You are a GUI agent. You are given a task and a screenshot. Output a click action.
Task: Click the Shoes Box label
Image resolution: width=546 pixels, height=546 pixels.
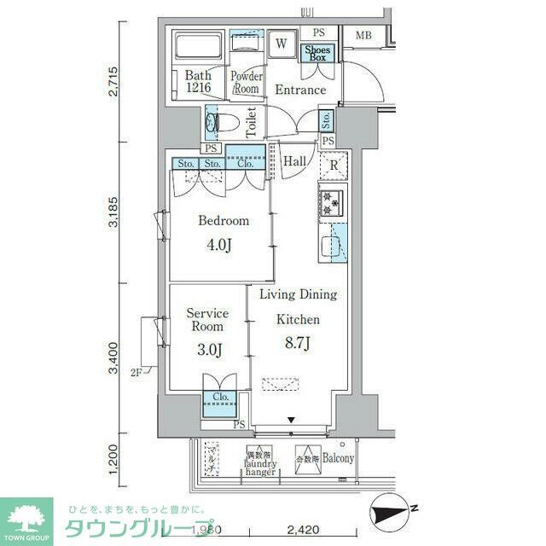tap(318, 53)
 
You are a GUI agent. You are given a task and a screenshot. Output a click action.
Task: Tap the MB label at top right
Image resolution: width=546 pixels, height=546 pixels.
tap(363, 36)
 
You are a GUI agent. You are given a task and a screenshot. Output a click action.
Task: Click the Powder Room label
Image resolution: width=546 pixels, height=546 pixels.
tap(246, 83)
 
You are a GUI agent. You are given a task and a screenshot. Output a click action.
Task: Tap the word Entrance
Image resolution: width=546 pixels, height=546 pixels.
tap(299, 90)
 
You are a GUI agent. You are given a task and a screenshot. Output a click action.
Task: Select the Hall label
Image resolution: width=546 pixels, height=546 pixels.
tap(294, 161)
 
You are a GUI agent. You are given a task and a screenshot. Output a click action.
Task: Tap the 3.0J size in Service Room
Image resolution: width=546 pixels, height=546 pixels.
tap(206, 349)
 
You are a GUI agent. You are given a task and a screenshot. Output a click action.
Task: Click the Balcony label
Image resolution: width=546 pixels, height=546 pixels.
tap(338, 457)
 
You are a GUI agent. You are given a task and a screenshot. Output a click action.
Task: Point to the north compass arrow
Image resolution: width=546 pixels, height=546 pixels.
tap(395, 514)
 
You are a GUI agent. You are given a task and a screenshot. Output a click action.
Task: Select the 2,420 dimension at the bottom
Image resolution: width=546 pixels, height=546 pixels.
tap(303, 530)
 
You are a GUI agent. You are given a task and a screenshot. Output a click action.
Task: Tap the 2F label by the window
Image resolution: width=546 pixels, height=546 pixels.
tap(136, 372)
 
